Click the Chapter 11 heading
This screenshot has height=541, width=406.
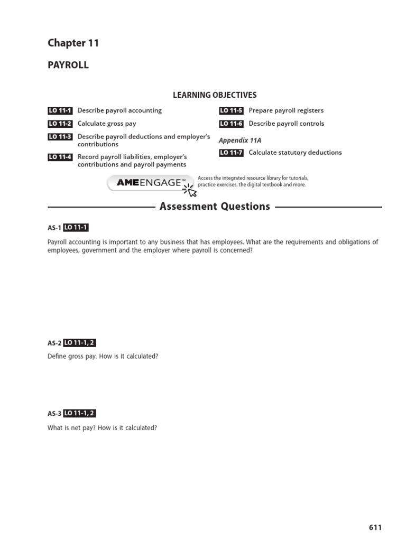point(73,43)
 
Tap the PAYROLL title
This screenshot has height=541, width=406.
point(68,66)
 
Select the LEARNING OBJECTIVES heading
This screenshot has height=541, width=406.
point(215,95)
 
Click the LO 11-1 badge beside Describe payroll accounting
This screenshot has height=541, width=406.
point(60,111)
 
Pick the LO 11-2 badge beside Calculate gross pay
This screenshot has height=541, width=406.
point(60,124)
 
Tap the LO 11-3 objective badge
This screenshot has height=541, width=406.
point(60,137)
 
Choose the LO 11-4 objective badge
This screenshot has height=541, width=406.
point(60,157)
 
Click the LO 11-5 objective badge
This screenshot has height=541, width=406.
point(231,111)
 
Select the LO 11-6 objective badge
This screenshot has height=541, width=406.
point(231,124)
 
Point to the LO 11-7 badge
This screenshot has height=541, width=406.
point(231,153)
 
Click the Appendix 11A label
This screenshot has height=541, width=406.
point(240,141)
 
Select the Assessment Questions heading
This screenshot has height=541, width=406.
point(215,207)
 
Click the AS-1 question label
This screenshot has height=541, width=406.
point(54,228)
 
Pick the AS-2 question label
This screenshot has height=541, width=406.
point(54,343)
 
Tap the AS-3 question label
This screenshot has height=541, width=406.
point(54,414)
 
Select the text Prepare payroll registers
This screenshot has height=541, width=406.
point(286,111)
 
